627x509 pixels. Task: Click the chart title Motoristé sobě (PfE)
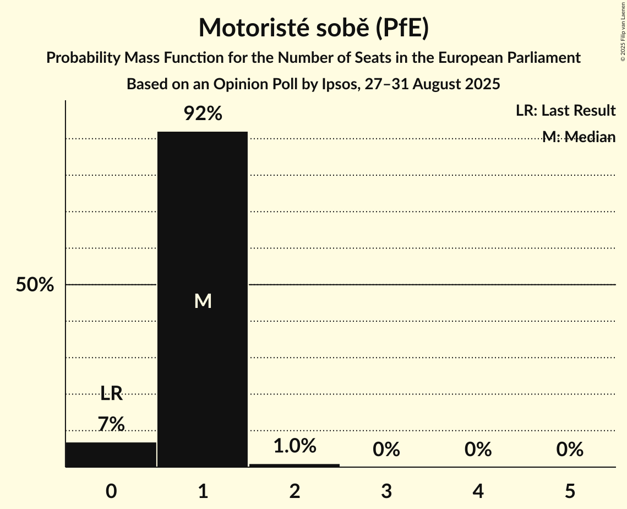313,28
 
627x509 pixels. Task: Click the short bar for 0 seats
111,454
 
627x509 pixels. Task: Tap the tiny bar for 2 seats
295,465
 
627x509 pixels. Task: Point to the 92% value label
203,114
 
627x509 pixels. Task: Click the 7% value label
111,424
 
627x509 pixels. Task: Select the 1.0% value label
295,446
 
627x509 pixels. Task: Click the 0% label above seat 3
386,450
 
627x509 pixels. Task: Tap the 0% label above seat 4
478,450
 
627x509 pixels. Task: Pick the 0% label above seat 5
569,450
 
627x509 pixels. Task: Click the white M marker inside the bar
203,301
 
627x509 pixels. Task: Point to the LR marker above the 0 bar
111,393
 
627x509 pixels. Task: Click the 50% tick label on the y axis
35,285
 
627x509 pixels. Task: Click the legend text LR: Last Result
565,111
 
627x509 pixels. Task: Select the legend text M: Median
579,137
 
